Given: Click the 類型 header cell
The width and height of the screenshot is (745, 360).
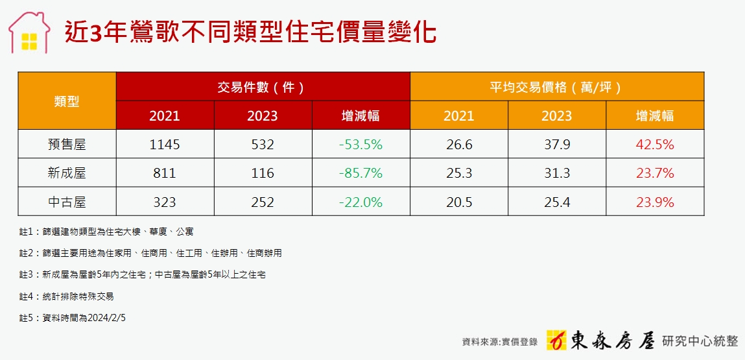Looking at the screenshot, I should click(x=67, y=101).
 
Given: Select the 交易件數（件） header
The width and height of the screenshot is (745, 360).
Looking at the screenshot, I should click(x=263, y=87).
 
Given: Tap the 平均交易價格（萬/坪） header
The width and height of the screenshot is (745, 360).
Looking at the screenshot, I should click(x=556, y=87).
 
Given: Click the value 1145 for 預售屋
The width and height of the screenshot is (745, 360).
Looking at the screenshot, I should click(x=164, y=145).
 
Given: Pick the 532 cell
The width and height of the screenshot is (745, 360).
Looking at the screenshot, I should click(x=262, y=145).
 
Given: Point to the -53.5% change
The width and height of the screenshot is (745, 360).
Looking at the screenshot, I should click(x=361, y=145).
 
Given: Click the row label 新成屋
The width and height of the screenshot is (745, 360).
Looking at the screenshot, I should click(x=67, y=173).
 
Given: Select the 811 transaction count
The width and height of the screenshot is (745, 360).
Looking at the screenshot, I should click(x=164, y=173).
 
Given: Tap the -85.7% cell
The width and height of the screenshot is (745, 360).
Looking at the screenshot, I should click(x=361, y=173).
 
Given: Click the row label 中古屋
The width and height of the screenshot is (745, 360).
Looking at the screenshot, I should click(x=67, y=202).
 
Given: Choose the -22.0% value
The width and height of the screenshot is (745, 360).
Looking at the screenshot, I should click(x=361, y=202).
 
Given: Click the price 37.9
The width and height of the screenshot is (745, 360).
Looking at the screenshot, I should click(x=556, y=145).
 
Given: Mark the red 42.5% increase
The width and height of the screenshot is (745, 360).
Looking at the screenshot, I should click(x=655, y=145).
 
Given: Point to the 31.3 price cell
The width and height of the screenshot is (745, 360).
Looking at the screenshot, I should click(x=556, y=173).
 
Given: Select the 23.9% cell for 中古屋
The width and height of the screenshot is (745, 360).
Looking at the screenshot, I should click(x=655, y=202).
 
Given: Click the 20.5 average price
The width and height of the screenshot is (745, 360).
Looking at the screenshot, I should click(x=458, y=202).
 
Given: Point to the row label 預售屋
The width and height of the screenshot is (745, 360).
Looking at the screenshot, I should click(x=67, y=145).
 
